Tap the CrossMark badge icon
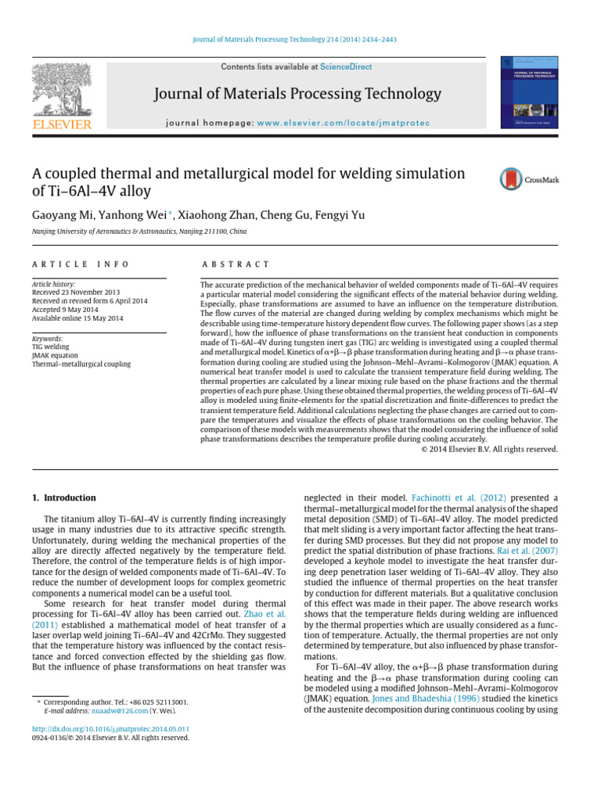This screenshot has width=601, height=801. coord(529,179)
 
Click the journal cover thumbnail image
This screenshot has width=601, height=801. coord(529,92)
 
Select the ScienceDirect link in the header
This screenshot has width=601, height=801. coord(345,68)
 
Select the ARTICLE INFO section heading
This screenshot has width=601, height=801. coord(81,265)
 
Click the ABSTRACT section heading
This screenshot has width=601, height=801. coord(235,265)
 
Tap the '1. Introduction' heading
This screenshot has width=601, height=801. coord(63,497)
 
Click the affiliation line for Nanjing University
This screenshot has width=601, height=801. coord(139,232)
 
